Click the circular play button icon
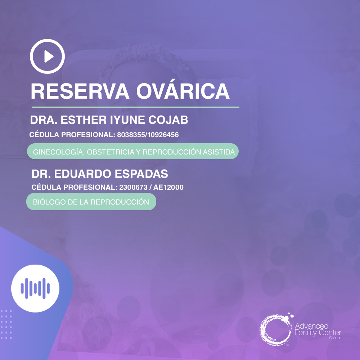(47, 56)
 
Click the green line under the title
(135, 107)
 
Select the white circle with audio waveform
(35, 287)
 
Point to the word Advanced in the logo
(311, 326)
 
